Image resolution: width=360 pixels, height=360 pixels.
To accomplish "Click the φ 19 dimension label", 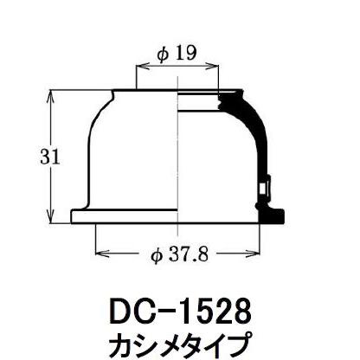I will pos(177,54).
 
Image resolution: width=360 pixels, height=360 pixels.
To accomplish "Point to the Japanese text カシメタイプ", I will pos(179,341).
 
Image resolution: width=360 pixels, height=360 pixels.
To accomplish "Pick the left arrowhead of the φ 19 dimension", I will pos(140,67).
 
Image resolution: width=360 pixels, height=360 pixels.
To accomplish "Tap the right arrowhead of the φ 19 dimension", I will pos(216,67).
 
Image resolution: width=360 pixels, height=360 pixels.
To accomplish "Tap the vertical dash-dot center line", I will pos(177,156).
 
